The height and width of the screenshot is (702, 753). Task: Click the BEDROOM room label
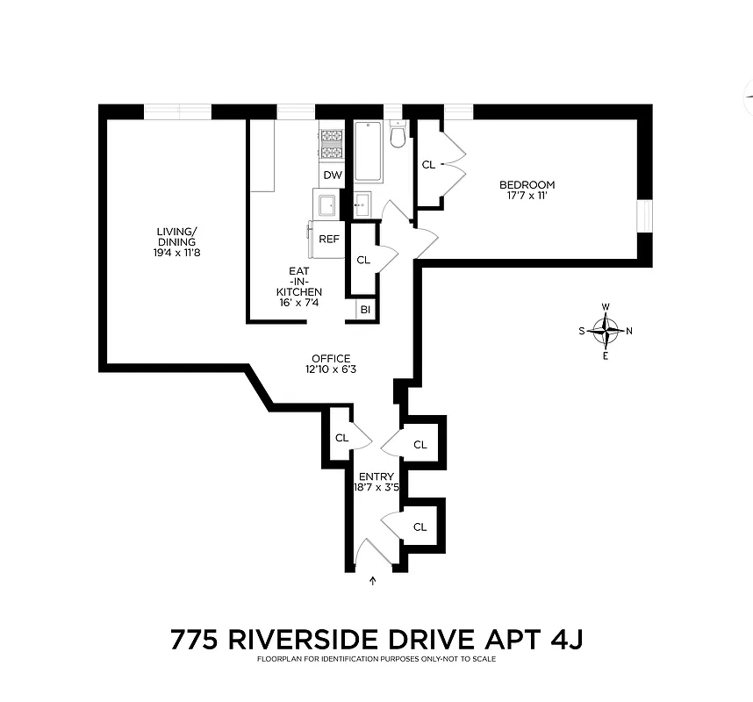coord(527,184)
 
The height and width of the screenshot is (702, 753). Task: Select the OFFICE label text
coord(331,358)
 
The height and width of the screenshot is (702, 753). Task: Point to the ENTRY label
coord(376,477)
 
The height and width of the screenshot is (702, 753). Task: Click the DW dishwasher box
coord(332,175)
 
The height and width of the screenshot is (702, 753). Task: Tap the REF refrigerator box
coord(329,239)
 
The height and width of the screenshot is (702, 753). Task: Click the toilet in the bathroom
coord(398,136)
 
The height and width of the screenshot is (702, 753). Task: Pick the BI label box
coord(364,310)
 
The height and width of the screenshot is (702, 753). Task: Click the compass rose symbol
coord(606,331)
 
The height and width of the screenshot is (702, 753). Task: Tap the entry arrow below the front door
coord(375,580)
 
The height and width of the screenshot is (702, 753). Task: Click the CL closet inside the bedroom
coord(428,165)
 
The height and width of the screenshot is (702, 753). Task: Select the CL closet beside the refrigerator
coord(363,261)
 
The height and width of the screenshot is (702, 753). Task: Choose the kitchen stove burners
coord(331,144)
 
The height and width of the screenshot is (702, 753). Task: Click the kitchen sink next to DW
coord(329,204)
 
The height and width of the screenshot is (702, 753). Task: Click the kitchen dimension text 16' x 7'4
coord(299,303)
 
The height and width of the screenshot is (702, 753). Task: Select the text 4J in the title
coord(563,640)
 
